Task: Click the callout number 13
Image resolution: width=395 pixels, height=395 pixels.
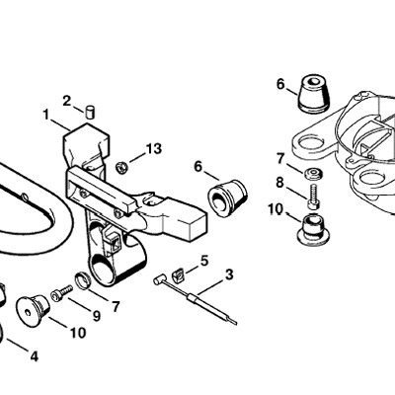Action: point(154,149)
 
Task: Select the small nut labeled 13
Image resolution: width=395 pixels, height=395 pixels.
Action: point(121,168)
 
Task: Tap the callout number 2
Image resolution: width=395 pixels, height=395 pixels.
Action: point(67,101)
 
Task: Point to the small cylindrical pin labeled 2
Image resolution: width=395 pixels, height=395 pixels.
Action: point(90,112)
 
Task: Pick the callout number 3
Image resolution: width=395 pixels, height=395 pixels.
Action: point(229,275)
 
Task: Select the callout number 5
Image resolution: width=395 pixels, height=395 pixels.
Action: point(204,261)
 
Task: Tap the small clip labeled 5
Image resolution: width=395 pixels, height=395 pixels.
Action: point(180,276)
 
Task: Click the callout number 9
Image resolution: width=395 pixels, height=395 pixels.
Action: point(97,316)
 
